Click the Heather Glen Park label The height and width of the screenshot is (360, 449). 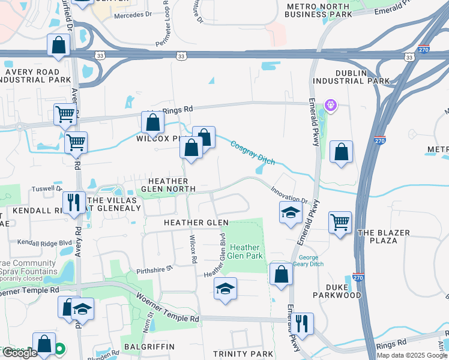[245, 251]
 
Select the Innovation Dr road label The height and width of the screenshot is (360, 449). [289, 193]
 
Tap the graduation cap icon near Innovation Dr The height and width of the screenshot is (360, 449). [291, 212]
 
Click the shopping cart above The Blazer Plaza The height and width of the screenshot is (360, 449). [340, 223]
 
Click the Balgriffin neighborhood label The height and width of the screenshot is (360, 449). [148, 347]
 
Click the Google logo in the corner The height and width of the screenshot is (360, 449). [20, 353]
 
